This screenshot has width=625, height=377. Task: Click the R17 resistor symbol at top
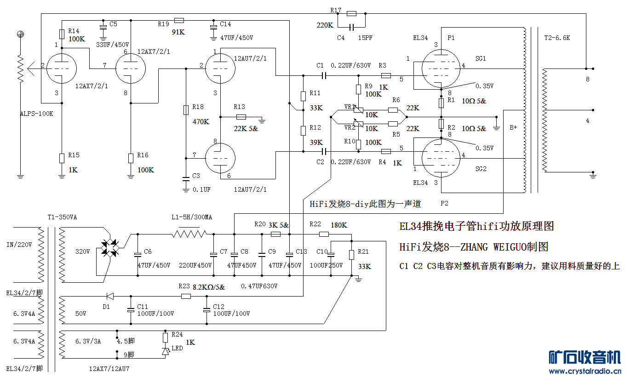tap(351, 14)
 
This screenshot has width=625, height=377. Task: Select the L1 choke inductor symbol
tap(189, 234)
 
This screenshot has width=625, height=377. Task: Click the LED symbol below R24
tap(165, 351)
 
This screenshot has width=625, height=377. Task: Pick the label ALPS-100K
tap(37, 114)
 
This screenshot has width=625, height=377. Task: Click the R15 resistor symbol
tap(62, 158)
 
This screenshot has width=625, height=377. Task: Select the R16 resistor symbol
tap(131, 158)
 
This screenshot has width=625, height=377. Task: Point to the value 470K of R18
tap(201, 122)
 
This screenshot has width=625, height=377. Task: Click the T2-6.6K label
tap(556, 38)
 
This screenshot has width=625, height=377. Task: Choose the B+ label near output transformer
tap(513, 127)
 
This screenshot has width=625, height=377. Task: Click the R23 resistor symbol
tap(185, 297)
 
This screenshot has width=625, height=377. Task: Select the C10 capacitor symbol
tap(330, 254)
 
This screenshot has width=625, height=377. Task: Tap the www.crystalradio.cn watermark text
tap(585, 371)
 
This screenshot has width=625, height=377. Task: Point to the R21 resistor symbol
tap(351, 255)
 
